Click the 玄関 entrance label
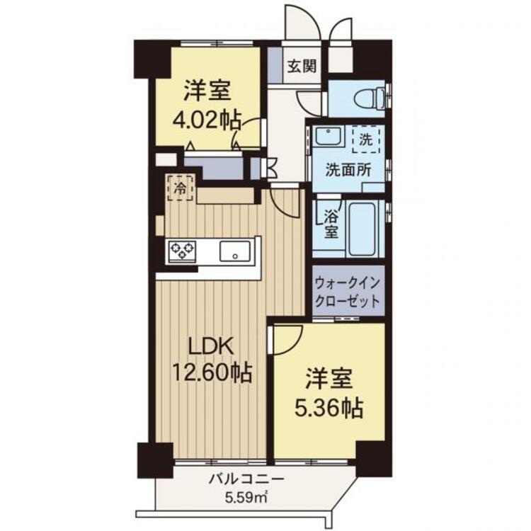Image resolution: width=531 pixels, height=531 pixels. point(302,67)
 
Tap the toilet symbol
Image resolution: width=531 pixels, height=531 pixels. point(369,98)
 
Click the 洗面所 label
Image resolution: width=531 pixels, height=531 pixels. point(348,170)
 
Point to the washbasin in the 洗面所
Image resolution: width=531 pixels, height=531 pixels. point(328,136)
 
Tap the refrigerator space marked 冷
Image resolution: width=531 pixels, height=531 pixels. point(181,188)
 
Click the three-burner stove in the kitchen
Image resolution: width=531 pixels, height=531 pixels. point(183,251)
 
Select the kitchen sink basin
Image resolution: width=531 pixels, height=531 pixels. point(235,251)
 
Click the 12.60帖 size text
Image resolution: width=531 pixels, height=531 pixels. point(212,372)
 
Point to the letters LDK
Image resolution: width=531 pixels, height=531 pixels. point(211,346)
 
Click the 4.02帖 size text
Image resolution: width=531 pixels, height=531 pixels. point(207,120)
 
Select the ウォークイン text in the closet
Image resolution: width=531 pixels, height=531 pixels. point(348,283)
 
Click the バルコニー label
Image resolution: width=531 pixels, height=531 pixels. point(246,479)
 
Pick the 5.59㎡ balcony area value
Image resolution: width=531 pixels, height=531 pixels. point(246,497)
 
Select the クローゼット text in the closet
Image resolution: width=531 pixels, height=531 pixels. point(348,301)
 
